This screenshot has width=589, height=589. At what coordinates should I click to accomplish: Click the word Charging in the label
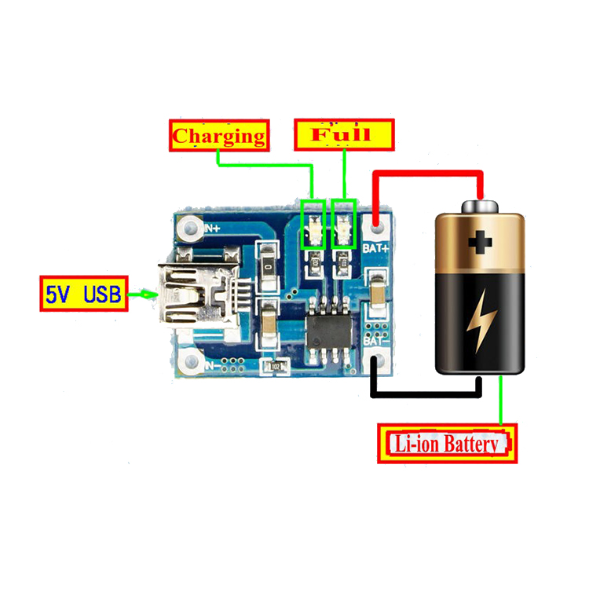pos(219,135)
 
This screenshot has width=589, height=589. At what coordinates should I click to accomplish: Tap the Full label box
pos(343,134)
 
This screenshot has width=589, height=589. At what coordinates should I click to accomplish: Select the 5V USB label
pos(82,294)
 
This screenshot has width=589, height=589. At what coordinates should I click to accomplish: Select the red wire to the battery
pos(428,174)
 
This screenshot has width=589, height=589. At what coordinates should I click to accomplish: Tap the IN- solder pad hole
pos(189,362)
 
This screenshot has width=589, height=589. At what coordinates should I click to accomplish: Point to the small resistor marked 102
pos(276,366)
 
